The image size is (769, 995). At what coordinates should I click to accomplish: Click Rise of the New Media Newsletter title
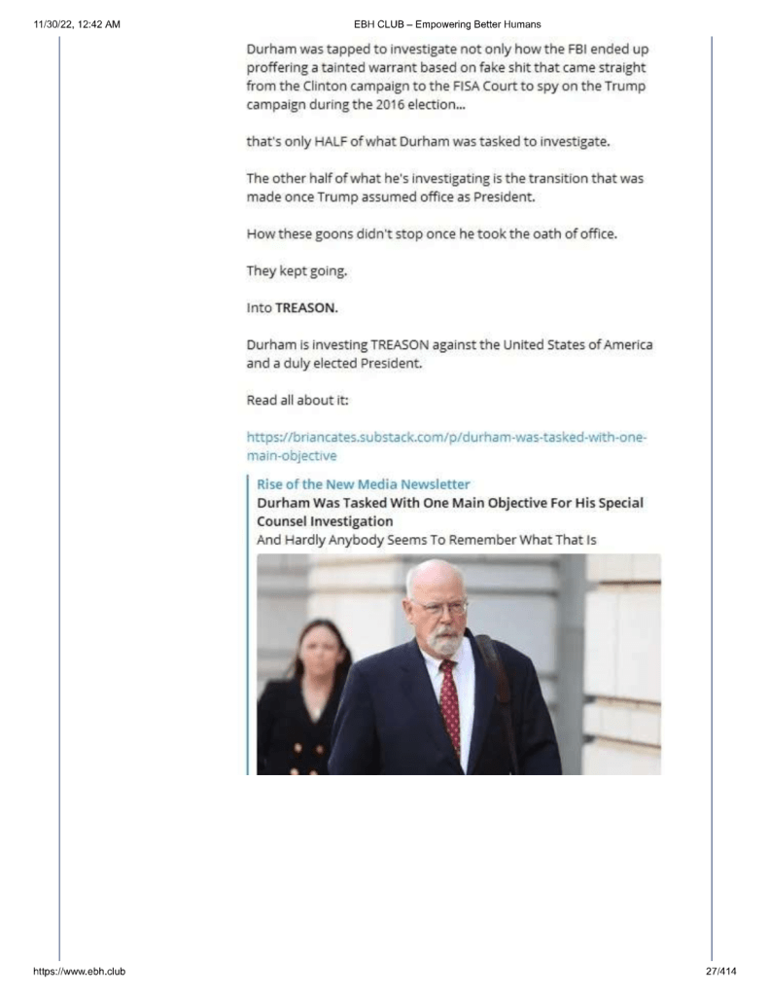[363, 484]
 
